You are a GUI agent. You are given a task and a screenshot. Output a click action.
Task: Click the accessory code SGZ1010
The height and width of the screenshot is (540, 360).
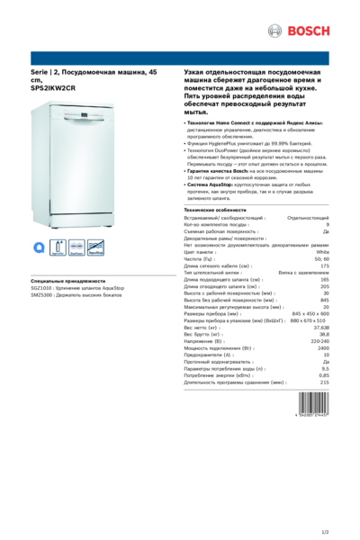tap(40, 288)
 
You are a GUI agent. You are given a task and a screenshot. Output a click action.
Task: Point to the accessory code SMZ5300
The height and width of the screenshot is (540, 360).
tap(40, 295)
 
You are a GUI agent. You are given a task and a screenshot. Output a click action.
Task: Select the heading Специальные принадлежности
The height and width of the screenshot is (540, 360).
tap(67, 281)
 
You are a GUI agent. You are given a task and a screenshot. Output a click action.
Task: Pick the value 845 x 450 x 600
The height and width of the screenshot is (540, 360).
tap(310, 312)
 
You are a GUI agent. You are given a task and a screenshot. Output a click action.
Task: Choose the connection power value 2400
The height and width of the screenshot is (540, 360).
tap(323, 348)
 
